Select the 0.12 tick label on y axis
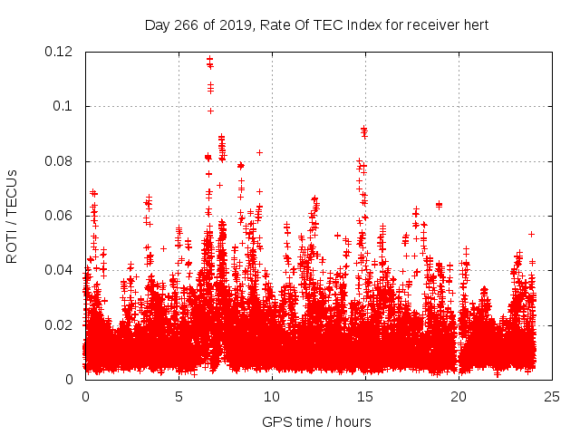click(59, 52)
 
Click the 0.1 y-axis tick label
click(65, 106)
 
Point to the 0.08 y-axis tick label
click(59, 161)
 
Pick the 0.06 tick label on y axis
click(59, 216)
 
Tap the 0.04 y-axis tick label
click(59, 270)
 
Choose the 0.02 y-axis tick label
click(59, 325)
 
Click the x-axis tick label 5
click(179, 396)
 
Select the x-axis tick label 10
click(272, 396)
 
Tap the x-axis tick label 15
click(365, 396)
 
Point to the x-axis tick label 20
click(459, 396)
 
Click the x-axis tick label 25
click(552, 396)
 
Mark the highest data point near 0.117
click(209, 60)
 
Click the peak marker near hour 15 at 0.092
click(363, 129)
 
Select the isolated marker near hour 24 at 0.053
click(532, 234)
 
